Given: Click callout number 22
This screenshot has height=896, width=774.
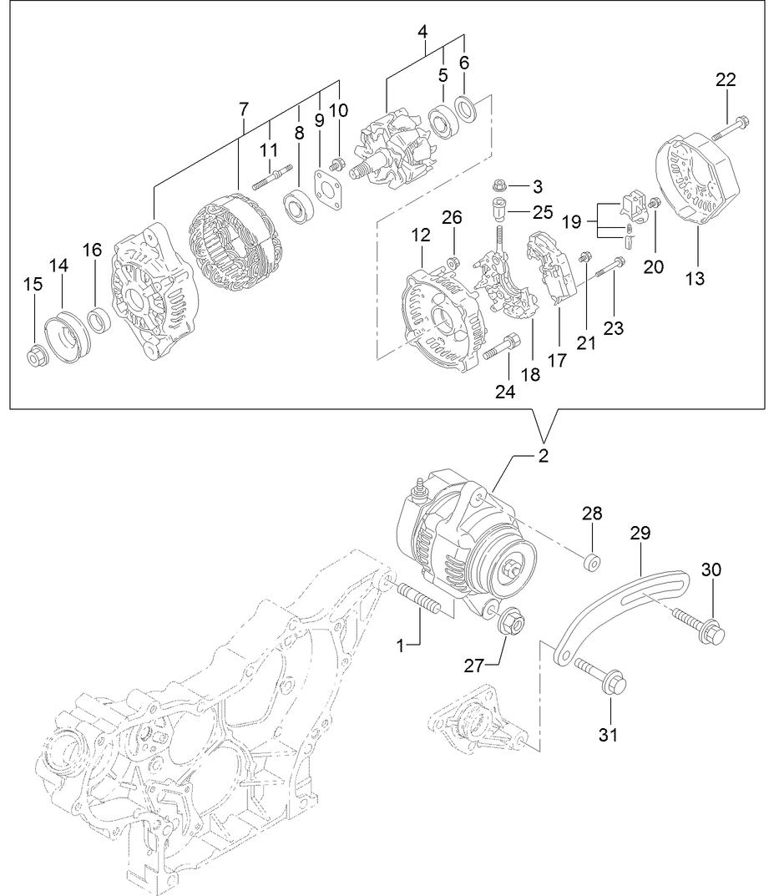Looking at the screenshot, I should click(726, 80).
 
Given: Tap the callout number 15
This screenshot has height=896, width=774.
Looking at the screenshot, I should click(33, 285).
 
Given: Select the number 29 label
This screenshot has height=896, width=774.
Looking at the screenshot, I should click(640, 533).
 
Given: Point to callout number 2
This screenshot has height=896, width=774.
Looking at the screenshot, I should click(542, 456).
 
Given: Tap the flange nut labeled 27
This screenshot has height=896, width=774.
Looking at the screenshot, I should click(508, 622).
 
